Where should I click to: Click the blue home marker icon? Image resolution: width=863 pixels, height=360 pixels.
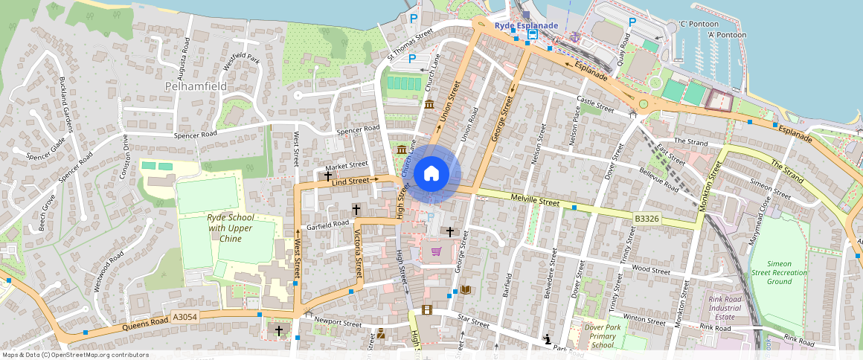[x=431, y=174]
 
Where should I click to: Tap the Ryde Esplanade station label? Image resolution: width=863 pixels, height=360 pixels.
[x=526, y=25]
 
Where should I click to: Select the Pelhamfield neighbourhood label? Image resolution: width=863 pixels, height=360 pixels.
[x=195, y=86]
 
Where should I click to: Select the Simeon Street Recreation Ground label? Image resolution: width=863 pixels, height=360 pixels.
[x=778, y=273]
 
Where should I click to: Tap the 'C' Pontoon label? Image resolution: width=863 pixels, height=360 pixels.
[x=698, y=24]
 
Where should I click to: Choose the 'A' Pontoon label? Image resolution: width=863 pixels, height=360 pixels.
[x=727, y=34]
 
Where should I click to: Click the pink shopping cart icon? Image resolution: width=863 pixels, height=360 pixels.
[x=436, y=251]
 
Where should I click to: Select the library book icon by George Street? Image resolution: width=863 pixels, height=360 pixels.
[x=466, y=289]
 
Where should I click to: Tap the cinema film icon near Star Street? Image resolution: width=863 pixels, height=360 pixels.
[x=426, y=309]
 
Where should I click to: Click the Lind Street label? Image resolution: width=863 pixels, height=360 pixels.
[x=350, y=181]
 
